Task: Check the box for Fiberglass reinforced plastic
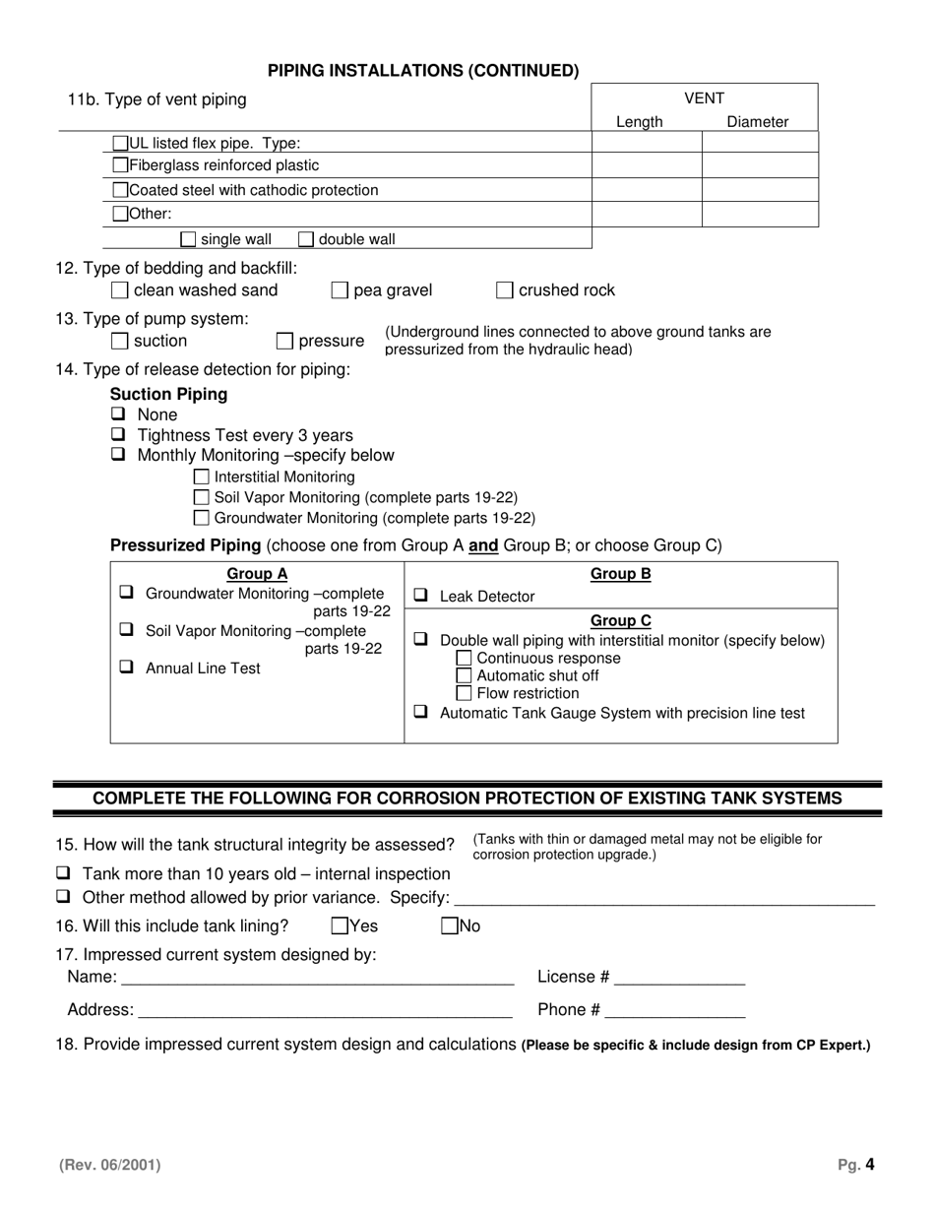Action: pyautogui.click(x=121, y=165)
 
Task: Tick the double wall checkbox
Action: pyautogui.click(x=305, y=238)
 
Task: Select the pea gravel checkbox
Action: pyautogui.click(x=339, y=290)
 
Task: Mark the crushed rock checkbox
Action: pyautogui.click(x=504, y=290)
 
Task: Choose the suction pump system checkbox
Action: pyautogui.click(x=119, y=342)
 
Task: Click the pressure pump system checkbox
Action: pyautogui.click(x=284, y=342)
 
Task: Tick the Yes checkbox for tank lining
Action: pyautogui.click(x=340, y=925)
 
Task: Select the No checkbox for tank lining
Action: pyautogui.click(x=450, y=925)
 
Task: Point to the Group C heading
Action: pyautogui.click(x=620, y=620)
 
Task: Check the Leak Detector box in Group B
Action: pyautogui.click(x=420, y=596)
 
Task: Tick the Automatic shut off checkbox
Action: pyautogui.click(x=465, y=675)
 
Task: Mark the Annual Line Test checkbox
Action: pyautogui.click(x=126, y=667)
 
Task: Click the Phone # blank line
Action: pyautogui.click(x=675, y=1011)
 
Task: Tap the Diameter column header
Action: pyautogui.click(x=757, y=122)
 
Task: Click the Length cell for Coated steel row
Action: pyautogui.click(x=646, y=190)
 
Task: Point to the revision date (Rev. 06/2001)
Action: pyautogui.click(x=109, y=1165)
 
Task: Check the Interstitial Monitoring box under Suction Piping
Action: pyautogui.click(x=202, y=478)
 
